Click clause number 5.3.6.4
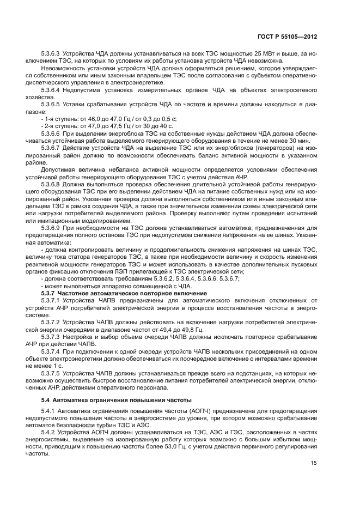(52, 89)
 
